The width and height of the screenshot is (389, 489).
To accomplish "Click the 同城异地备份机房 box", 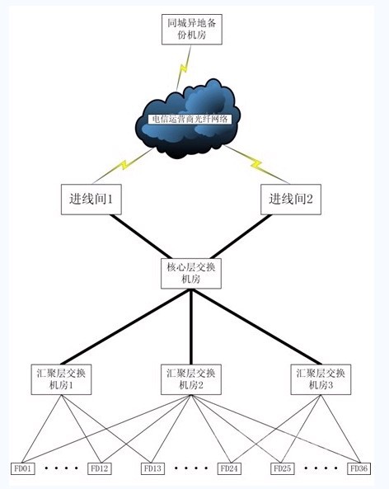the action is pos(192,30).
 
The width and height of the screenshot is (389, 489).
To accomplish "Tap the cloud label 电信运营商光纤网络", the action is pos(190,119).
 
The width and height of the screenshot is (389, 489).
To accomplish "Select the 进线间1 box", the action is pos(91,200).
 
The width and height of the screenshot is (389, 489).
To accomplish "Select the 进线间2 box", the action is pos(291,200).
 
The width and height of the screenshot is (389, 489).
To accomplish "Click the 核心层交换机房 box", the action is pos(191,273).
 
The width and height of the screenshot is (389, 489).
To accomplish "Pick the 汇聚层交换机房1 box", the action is pos(61,379).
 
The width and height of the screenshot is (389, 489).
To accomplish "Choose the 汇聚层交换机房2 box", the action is pos(191,379).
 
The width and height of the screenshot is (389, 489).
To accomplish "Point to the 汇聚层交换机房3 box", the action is pos(321,379).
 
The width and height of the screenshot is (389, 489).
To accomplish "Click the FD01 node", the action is pos(23,468).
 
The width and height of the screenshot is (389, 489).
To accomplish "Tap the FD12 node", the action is pos(100,468).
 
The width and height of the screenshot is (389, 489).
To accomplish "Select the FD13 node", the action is pos(152,468).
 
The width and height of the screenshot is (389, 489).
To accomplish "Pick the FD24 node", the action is pos(229,468).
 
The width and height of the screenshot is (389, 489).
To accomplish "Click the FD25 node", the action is pos(283,468).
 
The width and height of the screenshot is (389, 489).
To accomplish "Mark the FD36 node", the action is pos(359,468).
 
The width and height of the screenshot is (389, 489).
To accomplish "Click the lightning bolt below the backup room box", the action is pos(184,68).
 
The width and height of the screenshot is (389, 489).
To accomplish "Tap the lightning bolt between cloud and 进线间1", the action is pos(124,165).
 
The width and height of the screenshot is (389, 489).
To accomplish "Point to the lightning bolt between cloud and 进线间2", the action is pos(256,164).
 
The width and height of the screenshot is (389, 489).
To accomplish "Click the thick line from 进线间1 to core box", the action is pos(141,237).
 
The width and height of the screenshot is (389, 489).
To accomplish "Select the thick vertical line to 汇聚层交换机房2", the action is pos(191,327).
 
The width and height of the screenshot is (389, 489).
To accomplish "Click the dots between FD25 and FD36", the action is pos(321,468).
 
